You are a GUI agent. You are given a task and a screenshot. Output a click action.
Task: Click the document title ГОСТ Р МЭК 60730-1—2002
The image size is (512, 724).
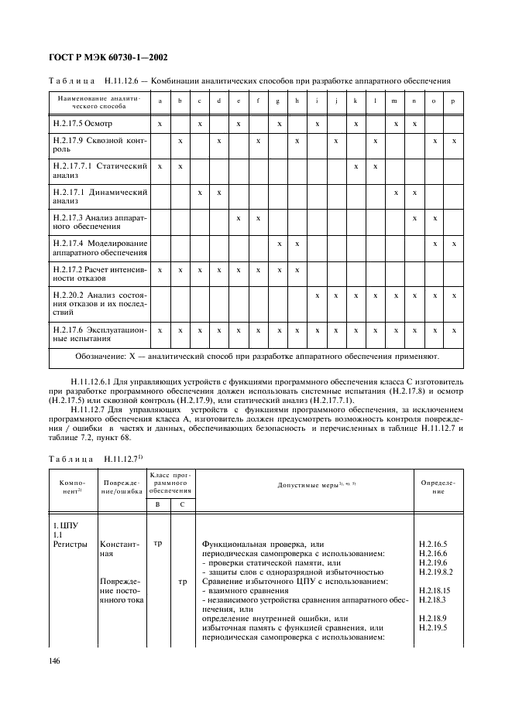pyautogui.click(x=109, y=56)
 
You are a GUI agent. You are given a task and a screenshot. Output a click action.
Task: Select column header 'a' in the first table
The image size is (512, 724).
pyautogui.click(x=160, y=101)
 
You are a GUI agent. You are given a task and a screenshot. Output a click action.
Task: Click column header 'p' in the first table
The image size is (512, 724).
pyautogui.click(x=455, y=101)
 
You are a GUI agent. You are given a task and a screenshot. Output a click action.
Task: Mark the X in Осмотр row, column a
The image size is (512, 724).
pyautogui.click(x=160, y=124)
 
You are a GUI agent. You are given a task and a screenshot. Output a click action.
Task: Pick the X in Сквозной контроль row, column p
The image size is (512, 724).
pyautogui.click(x=455, y=142)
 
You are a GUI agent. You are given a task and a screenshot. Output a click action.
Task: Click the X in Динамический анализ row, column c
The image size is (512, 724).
pyautogui.click(x=199, y=193)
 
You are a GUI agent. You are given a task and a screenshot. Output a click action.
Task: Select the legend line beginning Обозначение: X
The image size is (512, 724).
pyautogui.click(x=256, y=357)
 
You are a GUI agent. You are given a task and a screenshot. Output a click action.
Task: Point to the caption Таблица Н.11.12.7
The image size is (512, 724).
pyautogui.click(x=101, y=459)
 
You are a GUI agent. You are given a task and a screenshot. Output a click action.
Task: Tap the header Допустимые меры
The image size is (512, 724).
pyautogui.click(x=304, y=485)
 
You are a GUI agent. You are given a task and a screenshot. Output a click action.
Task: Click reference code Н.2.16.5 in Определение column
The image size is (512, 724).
pyautogui.click(x=428, y=545)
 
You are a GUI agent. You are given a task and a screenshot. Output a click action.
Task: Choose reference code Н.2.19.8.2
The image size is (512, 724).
pyautogui.click(x=431, y=571)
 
